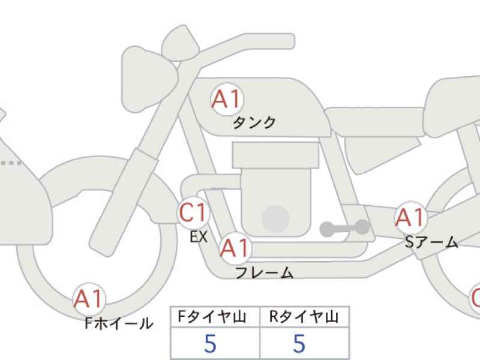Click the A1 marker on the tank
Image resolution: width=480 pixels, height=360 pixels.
pos(227,99)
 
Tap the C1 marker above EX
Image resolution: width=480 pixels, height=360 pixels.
pos(193,212)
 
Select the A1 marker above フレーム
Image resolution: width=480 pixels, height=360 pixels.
pos(235,248)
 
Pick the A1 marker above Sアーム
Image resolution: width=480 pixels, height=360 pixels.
pos(410,217)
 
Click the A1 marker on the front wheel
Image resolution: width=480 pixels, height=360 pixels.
pos(89,299)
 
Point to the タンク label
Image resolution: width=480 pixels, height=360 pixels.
pos(254,123)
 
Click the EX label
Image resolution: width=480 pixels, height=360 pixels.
pos(199,237)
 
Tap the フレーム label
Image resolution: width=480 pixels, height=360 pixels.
pos(265,272)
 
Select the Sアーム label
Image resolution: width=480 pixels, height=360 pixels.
pos(431,242)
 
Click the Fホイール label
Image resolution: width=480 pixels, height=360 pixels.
pos(119,323)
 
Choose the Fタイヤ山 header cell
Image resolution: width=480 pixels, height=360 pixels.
pos(215,317)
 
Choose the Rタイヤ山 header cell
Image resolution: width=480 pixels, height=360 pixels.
pos(304,317)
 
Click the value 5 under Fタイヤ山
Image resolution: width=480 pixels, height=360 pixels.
pos(211,343)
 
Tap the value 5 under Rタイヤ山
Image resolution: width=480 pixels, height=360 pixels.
pos(299,343)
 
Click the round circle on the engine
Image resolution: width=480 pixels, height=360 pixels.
pos(276,219)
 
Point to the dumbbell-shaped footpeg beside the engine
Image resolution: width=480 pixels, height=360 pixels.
pos(344,228)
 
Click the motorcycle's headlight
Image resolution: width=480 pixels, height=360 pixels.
pos(149,80)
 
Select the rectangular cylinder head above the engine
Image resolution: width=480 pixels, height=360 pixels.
pos(275,155)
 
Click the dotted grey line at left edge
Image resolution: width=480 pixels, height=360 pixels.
pos(11,163)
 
